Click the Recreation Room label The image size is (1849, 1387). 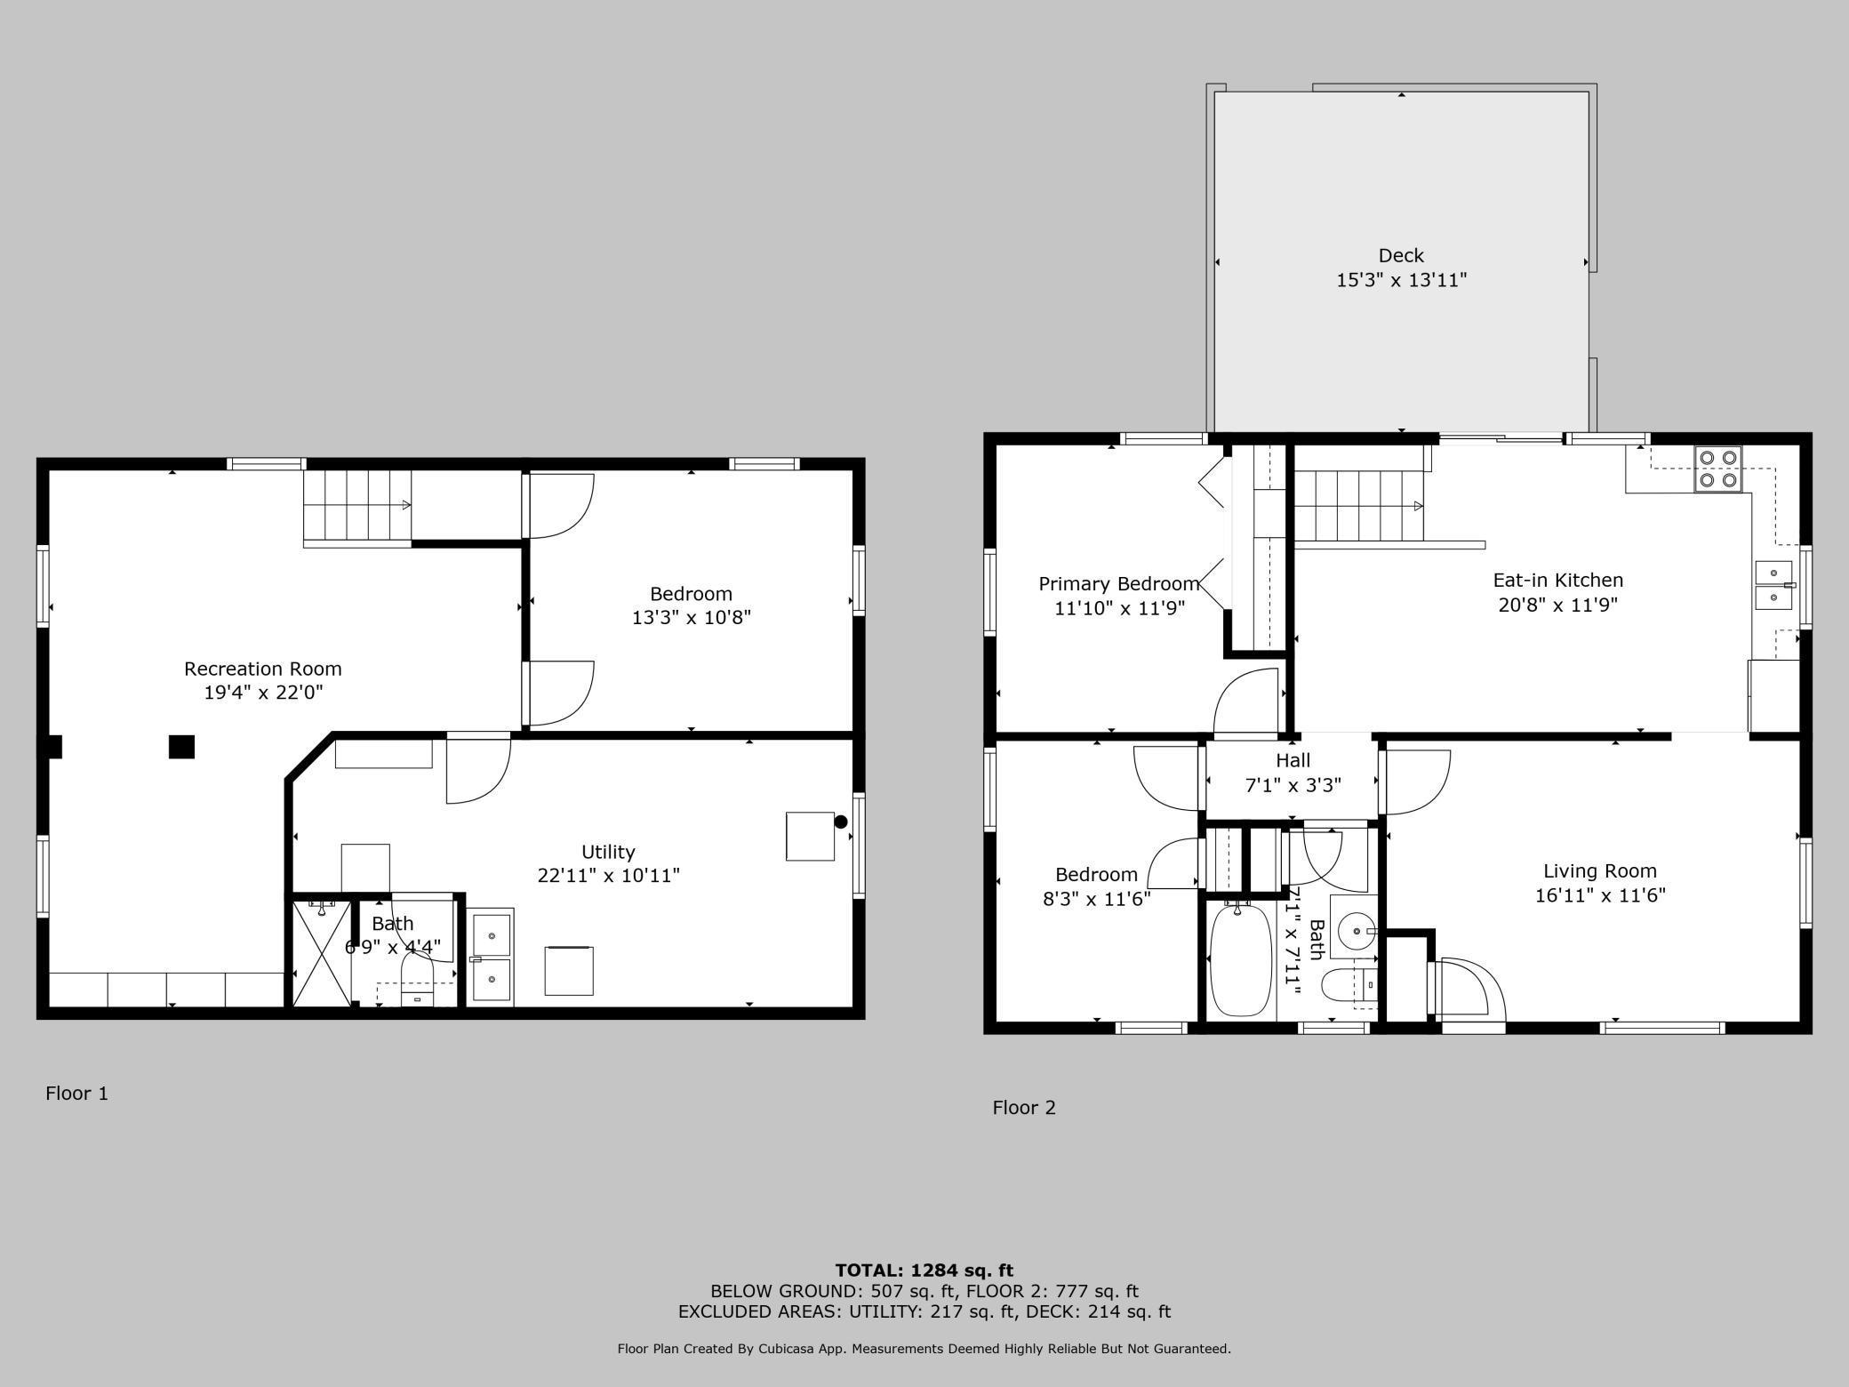(262, 669)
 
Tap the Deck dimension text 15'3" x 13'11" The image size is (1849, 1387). (1401, 280)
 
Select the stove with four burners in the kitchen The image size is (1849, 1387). (1717, 469)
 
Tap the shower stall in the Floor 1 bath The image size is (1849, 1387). (322, 954)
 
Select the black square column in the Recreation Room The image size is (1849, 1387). (181, 747)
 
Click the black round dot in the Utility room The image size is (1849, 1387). (840, 822)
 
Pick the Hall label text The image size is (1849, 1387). (1293, 760)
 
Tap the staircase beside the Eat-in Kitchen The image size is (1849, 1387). (1358, 505)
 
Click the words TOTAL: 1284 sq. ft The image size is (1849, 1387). (924, 1271)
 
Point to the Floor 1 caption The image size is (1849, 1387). (77, 1093)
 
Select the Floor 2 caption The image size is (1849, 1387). (1024, 1107)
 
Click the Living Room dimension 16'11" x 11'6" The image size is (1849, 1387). (1600, 895)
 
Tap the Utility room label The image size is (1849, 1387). (608, 852)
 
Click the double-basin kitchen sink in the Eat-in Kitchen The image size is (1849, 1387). (1774, 585)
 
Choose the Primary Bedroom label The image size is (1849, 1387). (1119, 584)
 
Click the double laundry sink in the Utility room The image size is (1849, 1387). (491, 958)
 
